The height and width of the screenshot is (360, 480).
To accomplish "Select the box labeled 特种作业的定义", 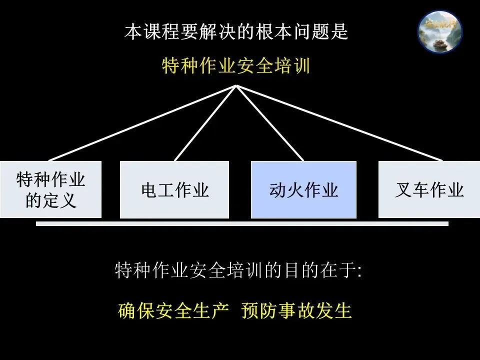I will [x=50, y=189].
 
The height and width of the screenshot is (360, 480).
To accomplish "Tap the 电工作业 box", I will [x=174, y=189].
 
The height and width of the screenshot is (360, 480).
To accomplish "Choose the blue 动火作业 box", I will [x=303, y=189].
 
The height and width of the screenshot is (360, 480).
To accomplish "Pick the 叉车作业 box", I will [x=429, y=189].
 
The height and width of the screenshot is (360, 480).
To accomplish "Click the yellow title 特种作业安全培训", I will [x=236, y=66].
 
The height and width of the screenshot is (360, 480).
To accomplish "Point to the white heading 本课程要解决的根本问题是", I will [x=236, y=32].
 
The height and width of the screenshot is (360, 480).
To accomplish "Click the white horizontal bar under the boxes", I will [x=242, y=224].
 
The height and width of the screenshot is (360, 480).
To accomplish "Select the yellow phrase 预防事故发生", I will [x=296, y=311].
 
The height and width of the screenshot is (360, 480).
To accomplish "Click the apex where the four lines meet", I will [x=236, y=86].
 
